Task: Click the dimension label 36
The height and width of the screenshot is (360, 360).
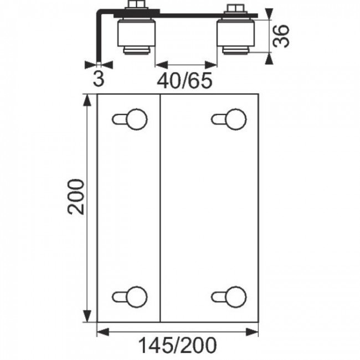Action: (281, 36)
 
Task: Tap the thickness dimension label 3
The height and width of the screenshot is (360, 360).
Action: (99, 79)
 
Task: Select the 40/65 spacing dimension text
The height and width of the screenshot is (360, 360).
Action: (184, 81)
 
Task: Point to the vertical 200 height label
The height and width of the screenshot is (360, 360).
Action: (76, 197)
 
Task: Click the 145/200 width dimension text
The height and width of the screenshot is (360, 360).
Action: (177, 345)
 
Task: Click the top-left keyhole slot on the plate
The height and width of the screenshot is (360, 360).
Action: (130, 120)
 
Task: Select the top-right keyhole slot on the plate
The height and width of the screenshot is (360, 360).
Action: (229, 120)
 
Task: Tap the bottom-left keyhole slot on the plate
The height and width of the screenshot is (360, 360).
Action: (130, 297)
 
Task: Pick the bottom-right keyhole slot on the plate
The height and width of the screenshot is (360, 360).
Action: (229, 297)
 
